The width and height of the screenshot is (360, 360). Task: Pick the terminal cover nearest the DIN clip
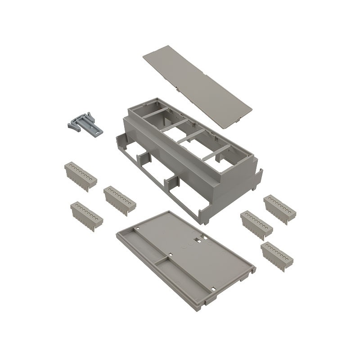click(x=80, y=176)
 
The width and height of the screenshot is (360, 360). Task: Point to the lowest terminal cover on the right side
click(x=277, y=255)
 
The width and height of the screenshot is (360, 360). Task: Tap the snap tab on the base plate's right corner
click(x=246, y=274)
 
